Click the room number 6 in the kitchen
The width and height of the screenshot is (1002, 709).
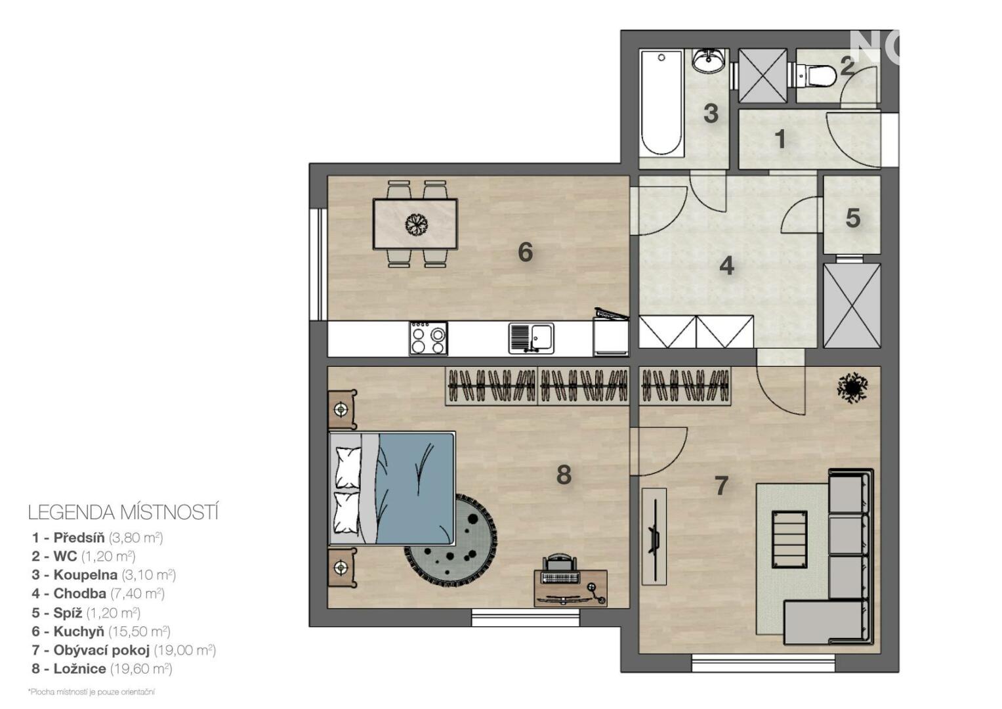point(525,253)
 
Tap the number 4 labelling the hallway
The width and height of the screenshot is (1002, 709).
point(726,267)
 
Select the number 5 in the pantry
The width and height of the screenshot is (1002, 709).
point(853,219)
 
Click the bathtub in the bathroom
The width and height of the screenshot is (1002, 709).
point(661,103)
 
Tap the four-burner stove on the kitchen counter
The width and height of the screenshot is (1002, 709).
point(428,339)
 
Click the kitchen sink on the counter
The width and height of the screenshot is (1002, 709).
point(531,338)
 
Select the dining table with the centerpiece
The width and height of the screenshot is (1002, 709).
point(415,224)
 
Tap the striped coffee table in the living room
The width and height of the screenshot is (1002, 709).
point(789,540)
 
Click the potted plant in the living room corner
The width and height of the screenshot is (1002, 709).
point(852,387)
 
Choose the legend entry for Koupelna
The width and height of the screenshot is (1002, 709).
point(104,574)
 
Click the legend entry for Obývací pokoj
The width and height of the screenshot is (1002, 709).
point(124,650)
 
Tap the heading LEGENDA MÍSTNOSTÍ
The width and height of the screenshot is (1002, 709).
point(123,513)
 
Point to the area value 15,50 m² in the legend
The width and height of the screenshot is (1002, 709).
point(139,631)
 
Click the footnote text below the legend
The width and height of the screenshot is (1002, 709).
point(91,692)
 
